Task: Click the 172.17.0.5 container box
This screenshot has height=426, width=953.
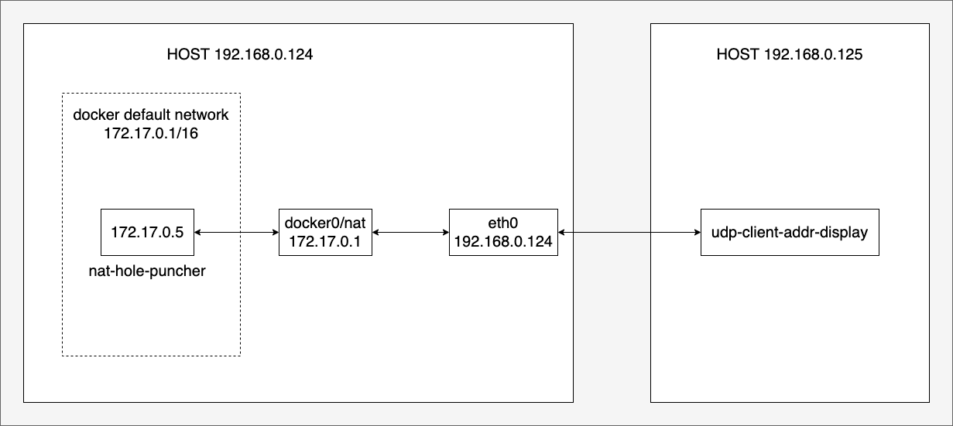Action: (x=147, y=232)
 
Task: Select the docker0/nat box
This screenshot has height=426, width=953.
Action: (x=325, y=232)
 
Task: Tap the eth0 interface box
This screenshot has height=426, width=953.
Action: (x=503, y=232)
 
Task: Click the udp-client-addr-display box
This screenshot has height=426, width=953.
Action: (x=790, y=232)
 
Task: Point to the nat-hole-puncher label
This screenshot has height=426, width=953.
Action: (x=147, y=271)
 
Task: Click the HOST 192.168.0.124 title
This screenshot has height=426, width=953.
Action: (x=240, y=54)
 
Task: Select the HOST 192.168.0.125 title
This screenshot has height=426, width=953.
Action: (x=790, y=54)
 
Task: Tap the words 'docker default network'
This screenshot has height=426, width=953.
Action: (x=151, y=114)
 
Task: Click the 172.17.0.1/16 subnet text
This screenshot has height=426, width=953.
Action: (x=151, y=133)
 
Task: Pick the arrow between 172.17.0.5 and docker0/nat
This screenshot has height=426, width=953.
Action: (x=237, y=232)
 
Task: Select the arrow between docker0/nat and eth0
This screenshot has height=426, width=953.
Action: (x=410, y=232)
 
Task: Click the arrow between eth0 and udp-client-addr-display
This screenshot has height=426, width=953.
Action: (x=629, y=232)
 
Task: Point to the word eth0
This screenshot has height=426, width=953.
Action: (x=503, y=223)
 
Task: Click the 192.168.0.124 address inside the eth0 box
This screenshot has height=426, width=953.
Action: (x=503, y=242)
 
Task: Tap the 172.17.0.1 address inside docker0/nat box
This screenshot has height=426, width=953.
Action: (x=325, y=242)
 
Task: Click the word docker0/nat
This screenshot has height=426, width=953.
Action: (x=325, y=223)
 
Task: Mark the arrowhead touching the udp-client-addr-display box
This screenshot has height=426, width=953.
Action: (x=698, y=232)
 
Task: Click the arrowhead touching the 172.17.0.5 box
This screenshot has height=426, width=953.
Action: (x=198, y=232)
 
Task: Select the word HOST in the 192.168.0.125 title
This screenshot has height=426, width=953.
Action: (x=738, y=54)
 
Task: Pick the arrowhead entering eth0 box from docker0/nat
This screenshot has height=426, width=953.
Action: (x=446, y=232)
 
